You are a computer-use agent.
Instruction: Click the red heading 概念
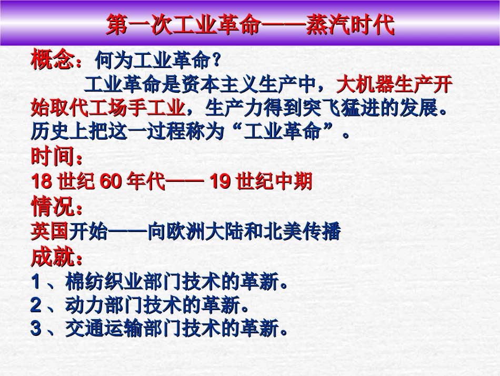[52, 60]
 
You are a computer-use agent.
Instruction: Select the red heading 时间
[52, 157]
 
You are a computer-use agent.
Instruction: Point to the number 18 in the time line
[42, 182]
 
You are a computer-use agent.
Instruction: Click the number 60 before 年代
[111, 182]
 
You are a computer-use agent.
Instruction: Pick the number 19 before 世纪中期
[221, 182]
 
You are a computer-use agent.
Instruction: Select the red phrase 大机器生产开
[394, 84]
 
